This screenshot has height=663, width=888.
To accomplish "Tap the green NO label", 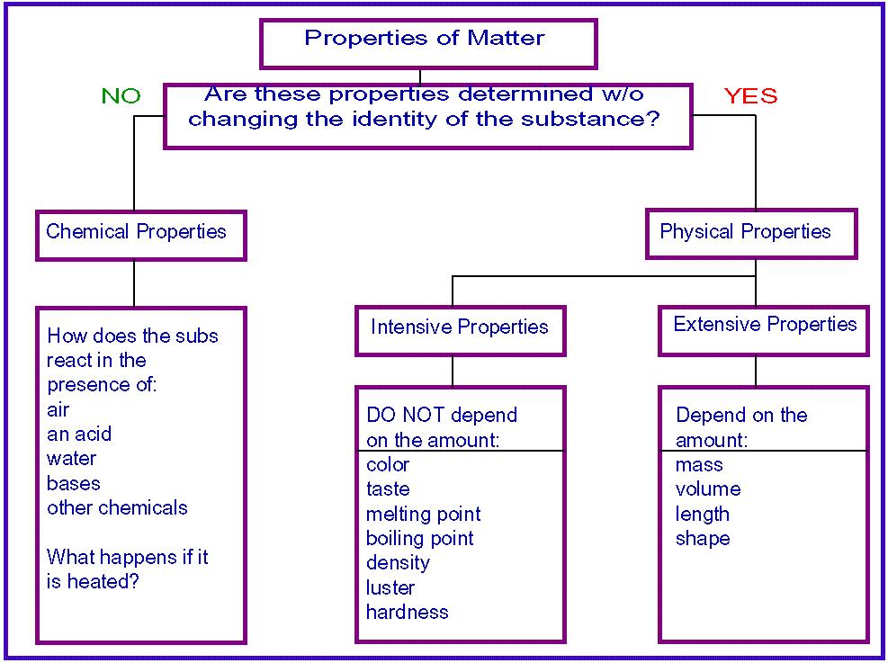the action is point(121,96).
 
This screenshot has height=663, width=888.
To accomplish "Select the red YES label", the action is point(750,96).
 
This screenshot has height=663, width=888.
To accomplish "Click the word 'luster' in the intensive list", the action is point(390,587).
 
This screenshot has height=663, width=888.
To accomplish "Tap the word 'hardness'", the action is point(408,612).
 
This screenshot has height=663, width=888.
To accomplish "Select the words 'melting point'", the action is point(423,514).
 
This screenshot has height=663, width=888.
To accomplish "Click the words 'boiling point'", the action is point(419,539).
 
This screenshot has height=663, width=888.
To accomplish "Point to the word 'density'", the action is point(398,563).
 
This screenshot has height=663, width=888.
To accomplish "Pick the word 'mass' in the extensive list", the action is point(699,465).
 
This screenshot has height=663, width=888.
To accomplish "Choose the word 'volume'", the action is point(708,489).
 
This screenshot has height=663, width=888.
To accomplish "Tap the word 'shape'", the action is point(703,539).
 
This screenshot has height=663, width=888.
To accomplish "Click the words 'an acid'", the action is point(79,435).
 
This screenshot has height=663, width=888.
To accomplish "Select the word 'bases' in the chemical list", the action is point(74,483).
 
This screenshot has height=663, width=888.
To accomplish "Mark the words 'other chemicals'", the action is point(117,508).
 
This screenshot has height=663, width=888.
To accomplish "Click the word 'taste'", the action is point(388,489).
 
